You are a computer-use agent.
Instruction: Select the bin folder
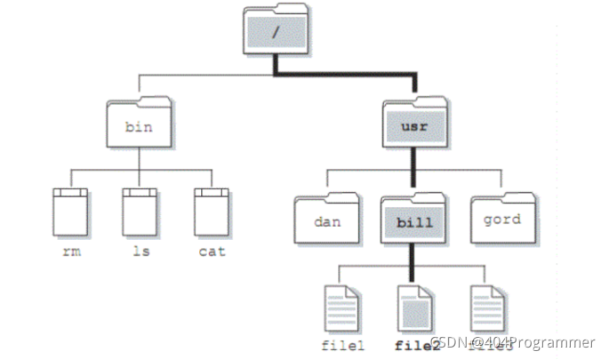pyautogui.click(x=138, y=124)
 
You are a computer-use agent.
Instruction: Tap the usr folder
pyautogui.click(x=414, y=124)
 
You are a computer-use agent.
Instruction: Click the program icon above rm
pyautogui.click(x=71, y=210)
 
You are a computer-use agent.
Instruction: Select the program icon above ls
pyautogui.click(x=140, y=210)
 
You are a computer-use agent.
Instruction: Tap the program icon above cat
pyautogui.click(x=212, y=210)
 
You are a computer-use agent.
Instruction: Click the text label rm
pyautogui.click(x=71, y=252)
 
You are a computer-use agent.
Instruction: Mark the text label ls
pyautogui.click(x=140, y=252)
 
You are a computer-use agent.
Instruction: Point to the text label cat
pyautogui.click(x=212, y=252)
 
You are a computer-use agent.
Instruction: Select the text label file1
pyautogui.click(x=341, y=345)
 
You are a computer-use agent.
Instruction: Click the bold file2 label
pyautogui.click(x=412, y=345)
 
